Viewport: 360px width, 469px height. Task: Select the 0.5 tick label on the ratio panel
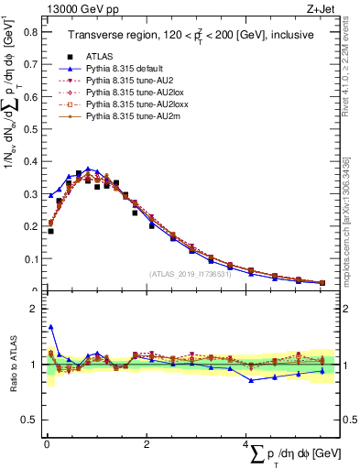29,420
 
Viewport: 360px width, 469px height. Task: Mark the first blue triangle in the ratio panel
50,326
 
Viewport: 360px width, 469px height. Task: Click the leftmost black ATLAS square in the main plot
50,231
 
